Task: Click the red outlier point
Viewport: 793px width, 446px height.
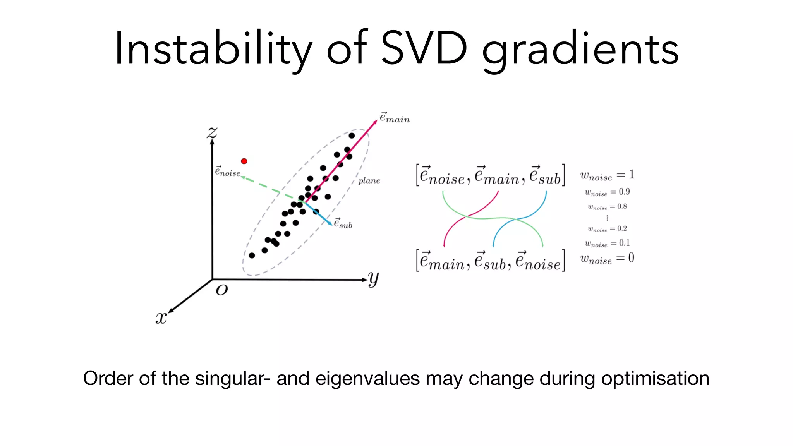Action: (244, 161)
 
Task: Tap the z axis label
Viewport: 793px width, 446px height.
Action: (212, 133)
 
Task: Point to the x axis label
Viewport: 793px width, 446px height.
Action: (161, 318)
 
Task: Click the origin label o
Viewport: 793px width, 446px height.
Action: (222, 290)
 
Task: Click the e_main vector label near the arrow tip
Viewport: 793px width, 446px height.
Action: (394, 118)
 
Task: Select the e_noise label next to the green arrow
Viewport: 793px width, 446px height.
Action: (228, 172)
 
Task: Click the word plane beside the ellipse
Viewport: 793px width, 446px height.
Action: (369, 180)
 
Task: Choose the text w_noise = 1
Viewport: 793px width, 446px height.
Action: (607, 175)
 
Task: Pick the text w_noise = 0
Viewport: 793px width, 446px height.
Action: (607, 259)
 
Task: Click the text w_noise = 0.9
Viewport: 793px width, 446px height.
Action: (607, 192)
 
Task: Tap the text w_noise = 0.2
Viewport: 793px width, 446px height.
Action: (607, 229)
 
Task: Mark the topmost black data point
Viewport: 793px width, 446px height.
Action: (352, 136)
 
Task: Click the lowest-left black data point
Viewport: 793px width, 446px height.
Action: (252, 256)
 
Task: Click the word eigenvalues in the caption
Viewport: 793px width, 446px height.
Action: (367, 379)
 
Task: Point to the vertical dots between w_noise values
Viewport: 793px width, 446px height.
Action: (607, 218)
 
